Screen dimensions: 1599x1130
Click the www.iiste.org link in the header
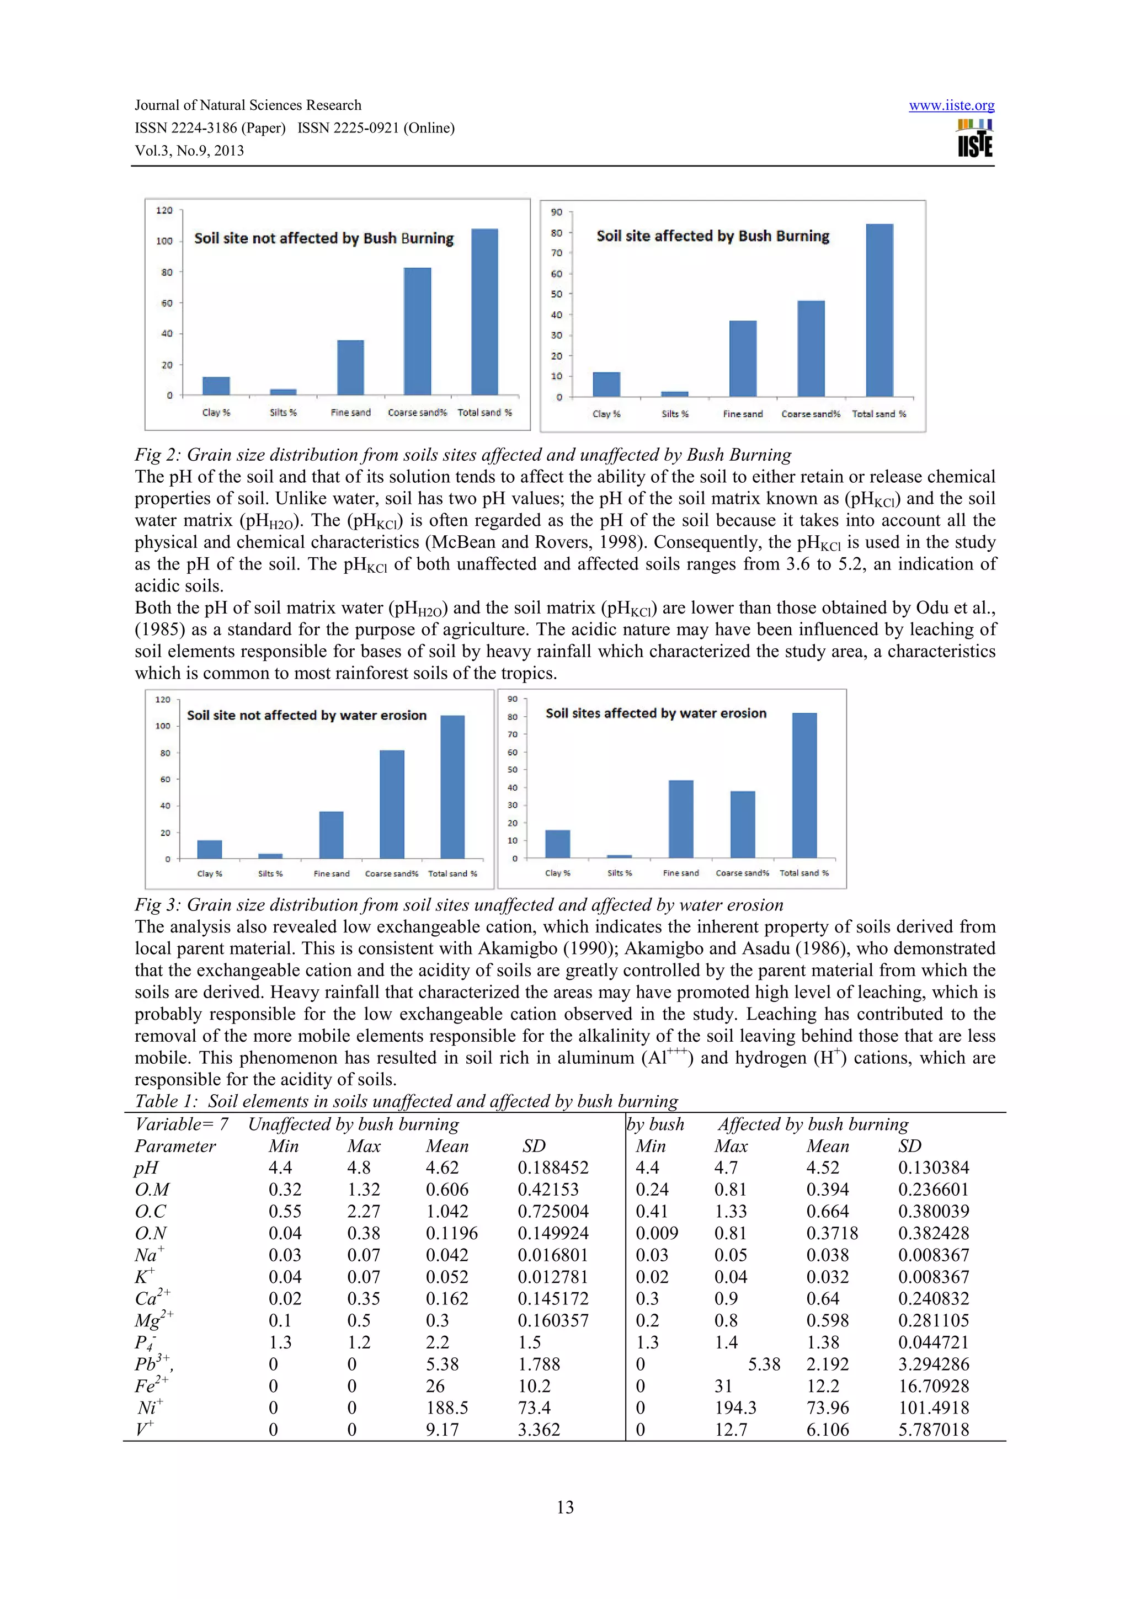click(951, 105)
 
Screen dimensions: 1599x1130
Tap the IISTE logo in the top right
click(975, 138)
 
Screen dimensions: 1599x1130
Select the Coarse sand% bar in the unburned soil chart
click(417, 332)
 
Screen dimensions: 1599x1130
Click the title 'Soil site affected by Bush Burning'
click(712, 236)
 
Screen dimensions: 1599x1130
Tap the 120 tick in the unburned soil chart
click(164, 210)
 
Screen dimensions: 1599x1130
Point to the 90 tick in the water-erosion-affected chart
click(513, 699)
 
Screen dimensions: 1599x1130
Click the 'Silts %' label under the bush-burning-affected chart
click(675, 414)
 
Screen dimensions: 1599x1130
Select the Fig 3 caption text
click(459, 905)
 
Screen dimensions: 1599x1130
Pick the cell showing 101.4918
click(933, 1408)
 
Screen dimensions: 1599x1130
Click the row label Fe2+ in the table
click(151, 1385)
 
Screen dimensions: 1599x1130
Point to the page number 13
click(564, 1507)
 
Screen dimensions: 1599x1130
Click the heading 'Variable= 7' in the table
click(181, 1124)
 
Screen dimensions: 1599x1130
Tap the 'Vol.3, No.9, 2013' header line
click(189, 151)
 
